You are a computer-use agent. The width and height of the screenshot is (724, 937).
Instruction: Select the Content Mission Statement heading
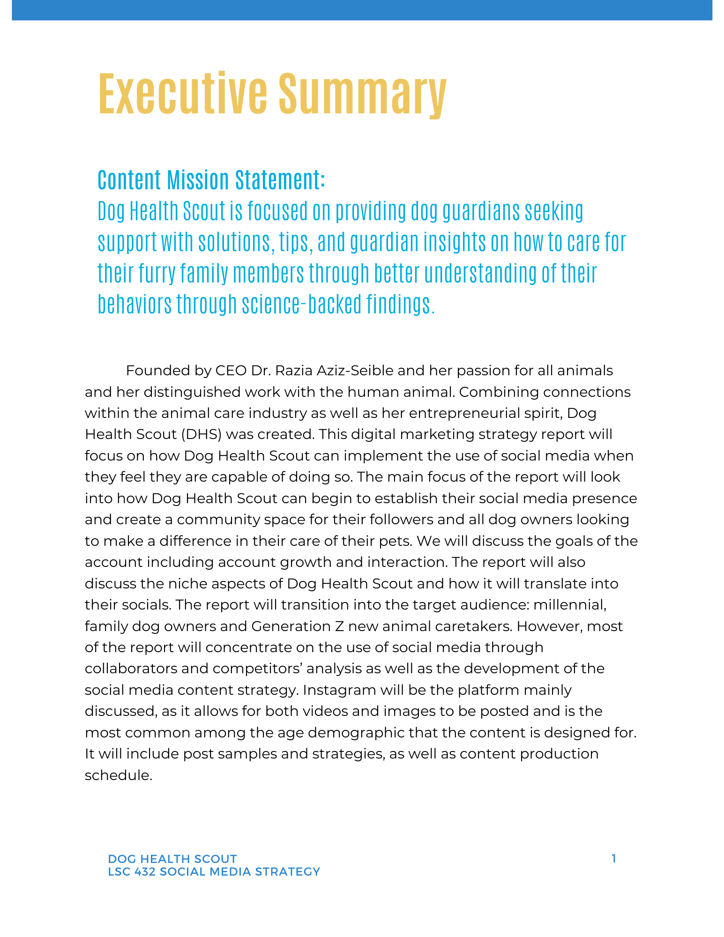(x=211, y=180)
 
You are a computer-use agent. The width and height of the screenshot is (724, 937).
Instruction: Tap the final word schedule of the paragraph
(x=118, y=775)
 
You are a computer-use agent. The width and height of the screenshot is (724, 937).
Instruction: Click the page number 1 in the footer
(x=614, y=858)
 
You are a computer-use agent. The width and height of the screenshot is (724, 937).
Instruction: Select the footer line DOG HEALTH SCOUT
(x=172, y=859)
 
